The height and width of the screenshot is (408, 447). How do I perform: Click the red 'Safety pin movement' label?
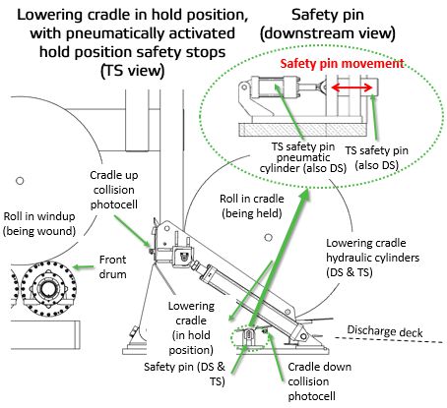[342, 63]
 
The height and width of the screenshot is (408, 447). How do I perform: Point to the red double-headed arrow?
[351, 87]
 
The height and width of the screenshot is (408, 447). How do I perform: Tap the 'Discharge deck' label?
[385, 331]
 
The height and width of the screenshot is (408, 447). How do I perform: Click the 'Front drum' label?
[112, 266]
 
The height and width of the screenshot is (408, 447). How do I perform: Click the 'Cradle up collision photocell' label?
[114, 190]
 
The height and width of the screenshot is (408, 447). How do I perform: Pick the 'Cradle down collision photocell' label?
[319, 381]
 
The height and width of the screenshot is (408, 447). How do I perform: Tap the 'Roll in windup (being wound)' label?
[39, 223]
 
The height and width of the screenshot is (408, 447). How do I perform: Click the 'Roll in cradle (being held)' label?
[252, 205]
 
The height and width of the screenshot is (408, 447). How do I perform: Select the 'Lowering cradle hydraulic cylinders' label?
[372, 258]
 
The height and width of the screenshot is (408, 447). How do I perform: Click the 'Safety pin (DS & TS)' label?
[184, 374]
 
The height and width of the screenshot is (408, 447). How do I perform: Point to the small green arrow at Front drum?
[84, 267]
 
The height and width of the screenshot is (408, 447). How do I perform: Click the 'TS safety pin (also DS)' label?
[377, 158]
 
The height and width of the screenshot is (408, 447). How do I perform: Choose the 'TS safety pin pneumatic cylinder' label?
[303, 157]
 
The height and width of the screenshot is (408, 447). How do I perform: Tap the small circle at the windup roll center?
[20, 181]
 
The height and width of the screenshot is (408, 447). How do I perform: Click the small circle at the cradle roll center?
[269, 237]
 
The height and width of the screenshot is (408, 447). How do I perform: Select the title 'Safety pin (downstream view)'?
[328, 25]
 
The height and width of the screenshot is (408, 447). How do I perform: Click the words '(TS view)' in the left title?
[132, 71]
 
